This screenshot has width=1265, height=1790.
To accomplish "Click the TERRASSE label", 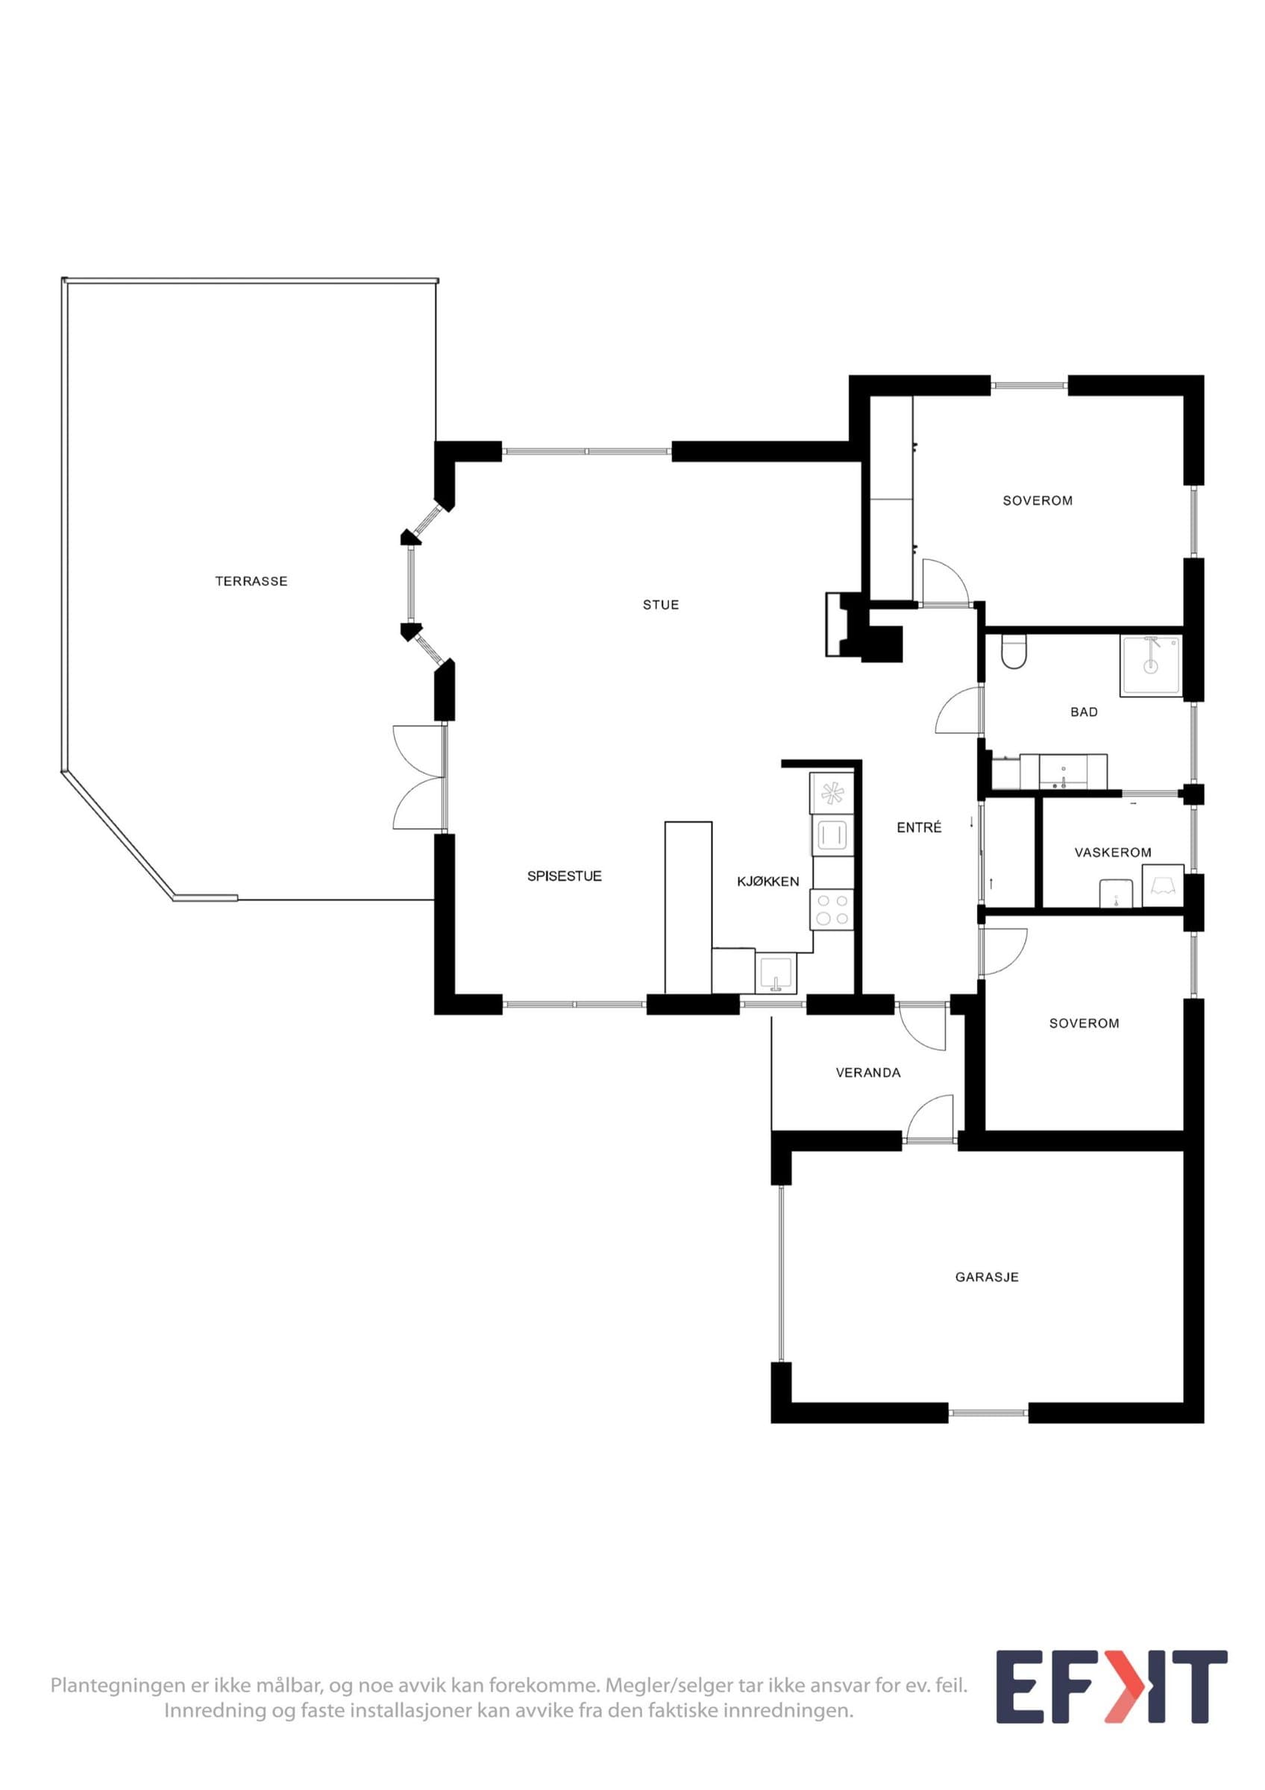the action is pyautogui.click(x=251, y=581).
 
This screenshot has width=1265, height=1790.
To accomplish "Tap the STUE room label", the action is pyautogui.click(x=661, y=604).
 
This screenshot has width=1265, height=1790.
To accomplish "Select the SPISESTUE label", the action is pyautogui.click(x=565, y=876).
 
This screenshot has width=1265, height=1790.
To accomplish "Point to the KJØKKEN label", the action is pyautogui.click(x=768, y=881).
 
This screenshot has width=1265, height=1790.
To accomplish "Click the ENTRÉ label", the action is pyautogui.click(x=919, y=827).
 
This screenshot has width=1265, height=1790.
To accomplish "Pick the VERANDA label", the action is pyautogui.click(x=868, y=1072).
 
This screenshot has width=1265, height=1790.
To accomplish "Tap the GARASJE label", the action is pyautogui.click(x=987, y=1277).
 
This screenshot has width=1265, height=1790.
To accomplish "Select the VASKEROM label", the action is pyautogui.click(x=1112, y=852).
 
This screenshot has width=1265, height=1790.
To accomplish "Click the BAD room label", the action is pyautogui.click(x=1084, y=712).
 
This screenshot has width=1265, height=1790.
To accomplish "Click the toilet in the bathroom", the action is pyautogui.click(x=1014, y=652).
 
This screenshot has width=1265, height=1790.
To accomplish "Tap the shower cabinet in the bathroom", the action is pyautogui.click(x=1150, y=665).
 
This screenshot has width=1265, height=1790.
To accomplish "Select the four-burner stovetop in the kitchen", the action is pyautogui.click(x=832, y=910).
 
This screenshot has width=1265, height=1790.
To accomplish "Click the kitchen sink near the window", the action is pyautogui.click(x=776, y=973).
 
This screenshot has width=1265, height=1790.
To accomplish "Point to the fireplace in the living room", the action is pyautogui.click(x=863, y=626).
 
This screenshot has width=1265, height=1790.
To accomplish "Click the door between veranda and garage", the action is pyautogui.click(x=930, y=1119).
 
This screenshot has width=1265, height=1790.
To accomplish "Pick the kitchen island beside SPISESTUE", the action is pyautogui.click(x=688, y=908).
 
